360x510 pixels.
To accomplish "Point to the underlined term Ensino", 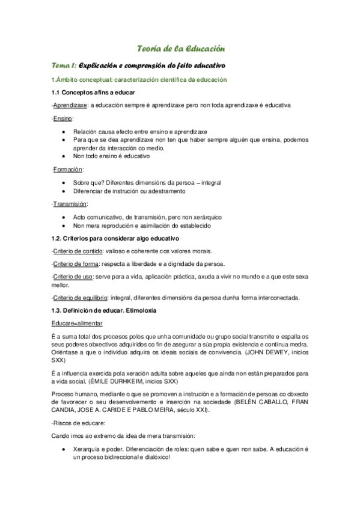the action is pos(63,118).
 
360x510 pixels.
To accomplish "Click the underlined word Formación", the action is pos(67,170).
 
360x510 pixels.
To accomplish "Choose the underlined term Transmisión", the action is pos(70,204).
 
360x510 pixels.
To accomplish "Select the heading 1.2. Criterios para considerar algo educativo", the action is pos(111,239).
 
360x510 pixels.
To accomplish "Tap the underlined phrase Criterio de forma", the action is pos(76,263).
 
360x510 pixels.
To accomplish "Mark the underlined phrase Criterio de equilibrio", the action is pos(80,298).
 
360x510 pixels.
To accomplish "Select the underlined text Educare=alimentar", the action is pos(76,323).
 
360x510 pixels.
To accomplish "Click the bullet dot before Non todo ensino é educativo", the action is pos(64,156).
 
